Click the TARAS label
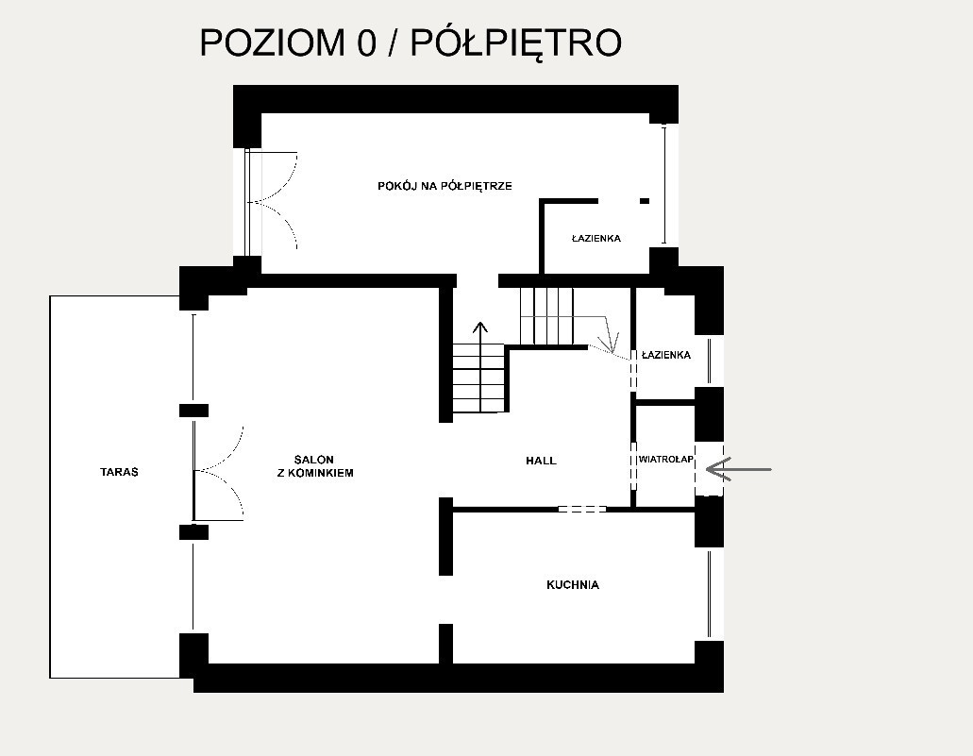coord(119,472)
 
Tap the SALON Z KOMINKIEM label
coord(315,466)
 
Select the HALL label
coord(541,461)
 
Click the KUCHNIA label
coord(573,584)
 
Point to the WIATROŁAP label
coord(666,460)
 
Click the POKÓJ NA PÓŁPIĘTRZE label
coord(445,186)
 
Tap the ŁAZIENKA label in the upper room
coord(596,239)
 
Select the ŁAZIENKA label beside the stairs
coord(666,355)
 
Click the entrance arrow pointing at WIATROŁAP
coord(738,469)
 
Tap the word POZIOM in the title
coord(272,42)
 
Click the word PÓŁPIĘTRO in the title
coord(516,42)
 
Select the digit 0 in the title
coord(367,42)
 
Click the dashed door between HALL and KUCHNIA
coord(582,509)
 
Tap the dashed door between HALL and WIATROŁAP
coord(633,465)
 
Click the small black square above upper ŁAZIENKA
coord(645,201)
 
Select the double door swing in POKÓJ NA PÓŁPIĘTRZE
coord(272,201)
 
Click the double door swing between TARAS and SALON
coord(218,472)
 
